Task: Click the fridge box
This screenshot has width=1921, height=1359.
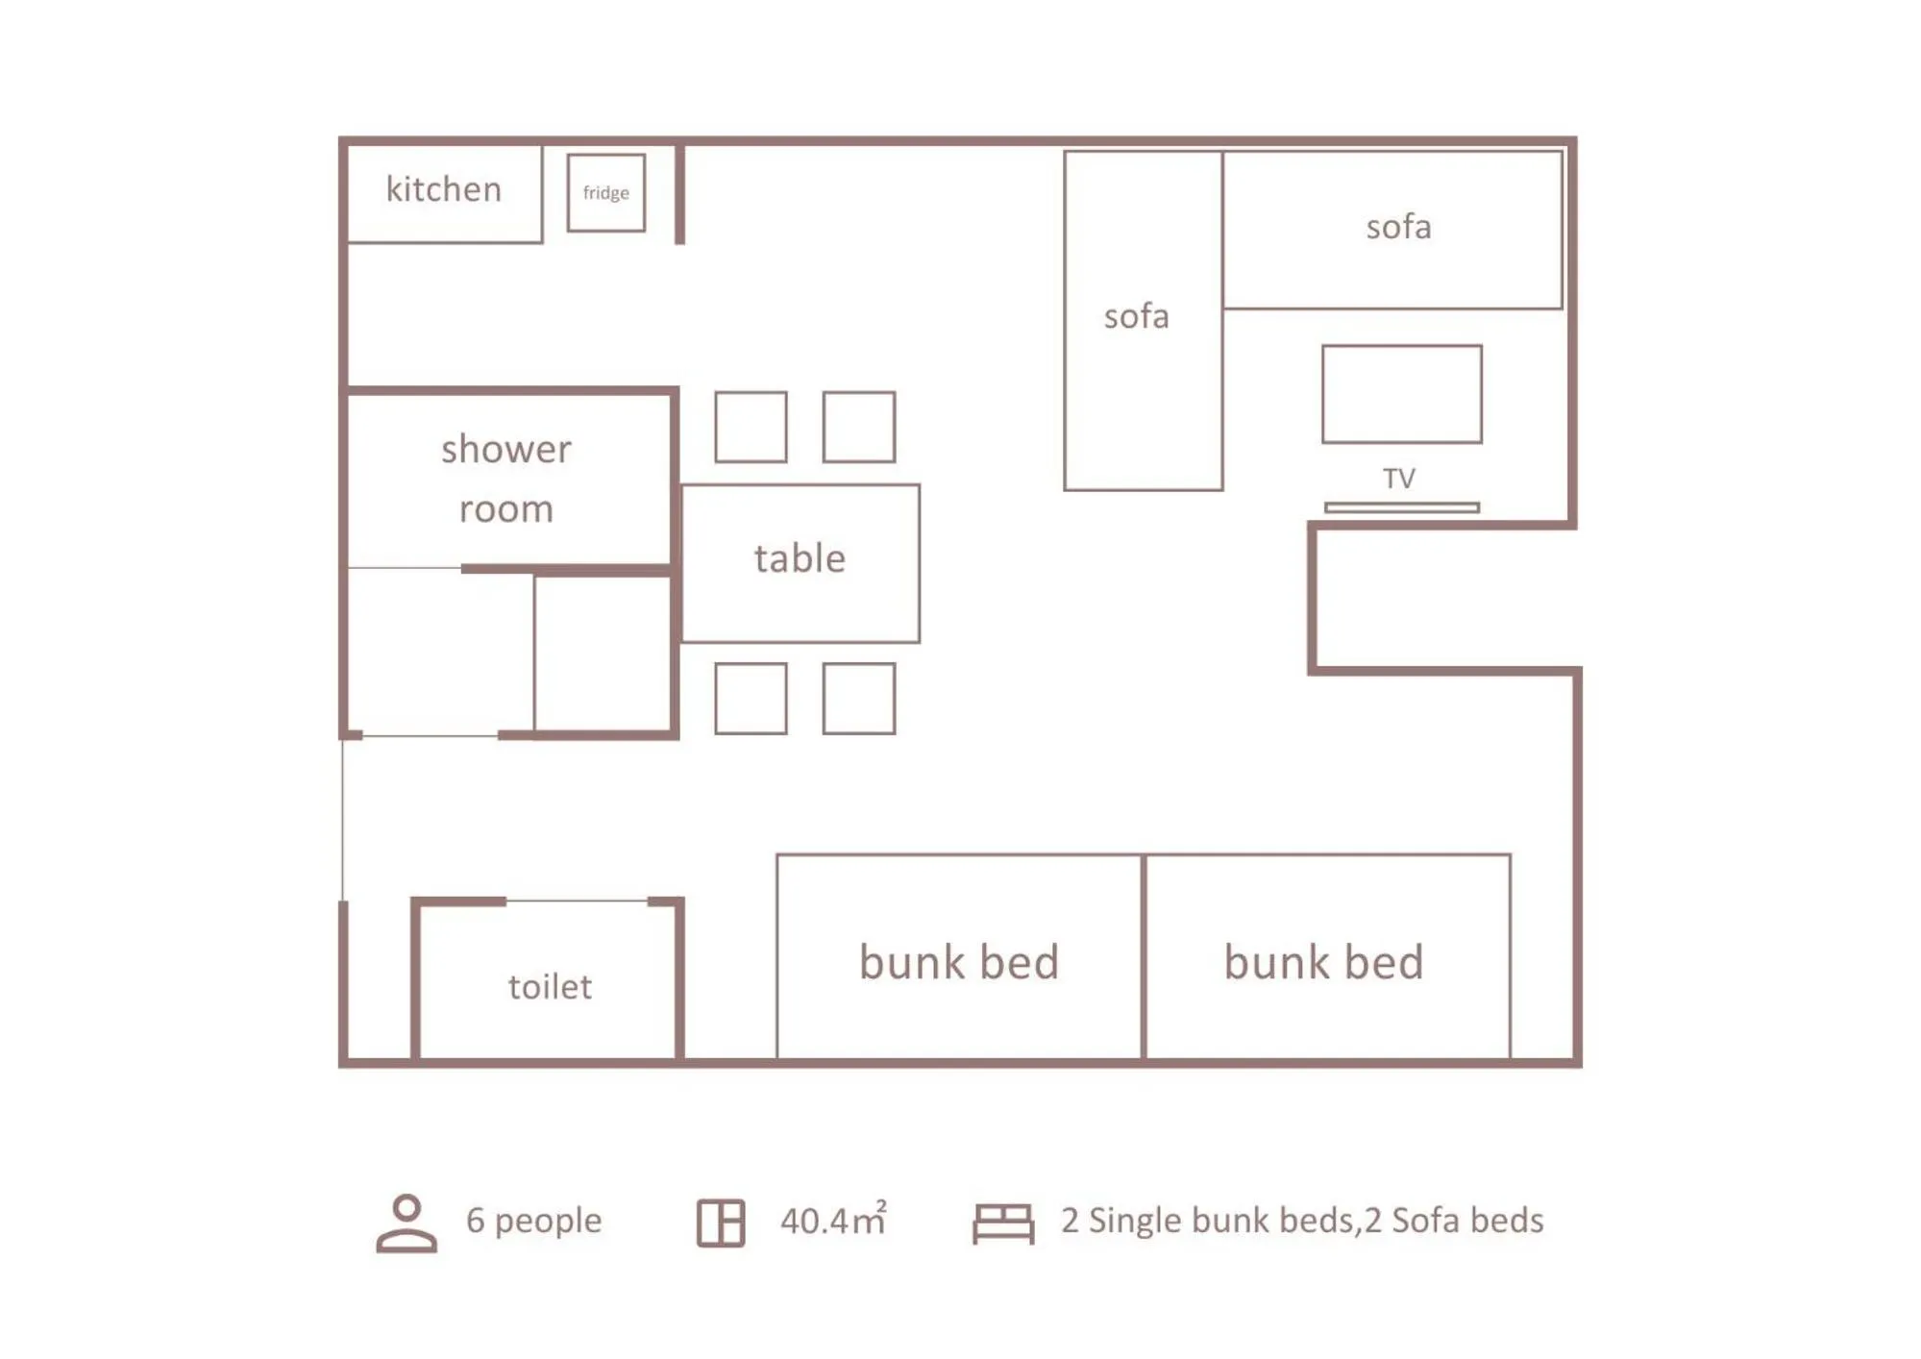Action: [x=605, y=192]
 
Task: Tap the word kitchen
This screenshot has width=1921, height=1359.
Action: [x=443, y=189]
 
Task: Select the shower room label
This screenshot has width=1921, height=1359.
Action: [x=506, y=479]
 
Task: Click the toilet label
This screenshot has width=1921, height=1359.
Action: [x=550, y=987]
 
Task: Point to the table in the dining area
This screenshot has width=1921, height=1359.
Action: [x=800, y=562]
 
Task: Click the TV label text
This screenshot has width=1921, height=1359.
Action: [x=1399, y=479]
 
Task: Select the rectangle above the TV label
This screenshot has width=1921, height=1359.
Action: [x=1401, y=394]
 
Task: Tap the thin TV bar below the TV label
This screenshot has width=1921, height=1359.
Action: [x=1401, y=507]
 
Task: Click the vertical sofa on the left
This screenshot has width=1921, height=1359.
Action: [x=1143, y=321]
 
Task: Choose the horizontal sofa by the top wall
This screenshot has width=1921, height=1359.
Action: [x=1392, y=230]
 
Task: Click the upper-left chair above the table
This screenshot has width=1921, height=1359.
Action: [x=751, y=427]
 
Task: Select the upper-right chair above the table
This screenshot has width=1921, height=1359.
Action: [x=859, y=427]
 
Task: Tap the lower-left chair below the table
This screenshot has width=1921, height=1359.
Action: [x=751, y=699]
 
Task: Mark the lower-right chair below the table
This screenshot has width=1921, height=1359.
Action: [x=859, y=699]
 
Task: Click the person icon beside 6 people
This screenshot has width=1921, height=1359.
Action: [x=406, y=1223]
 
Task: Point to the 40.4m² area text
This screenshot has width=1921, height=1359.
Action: [x=832, y=1220]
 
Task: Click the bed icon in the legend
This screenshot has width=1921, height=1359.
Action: [x=1003, y=1223]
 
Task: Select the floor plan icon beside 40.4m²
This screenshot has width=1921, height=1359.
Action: [x=721, y=1223]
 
